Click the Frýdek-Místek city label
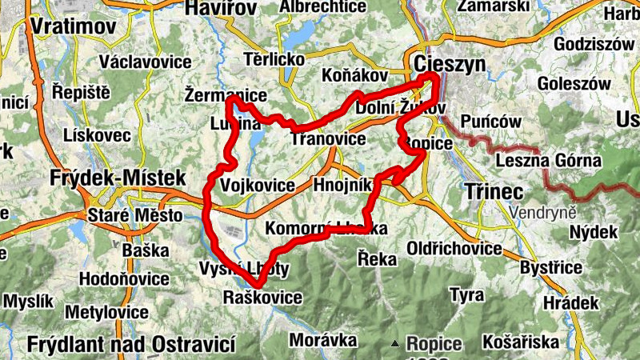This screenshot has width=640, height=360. (118, 177)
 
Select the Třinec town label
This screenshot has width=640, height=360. (494, 192)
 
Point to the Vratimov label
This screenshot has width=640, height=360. (74, 26)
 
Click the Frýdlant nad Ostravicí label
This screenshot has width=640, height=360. (130, 345)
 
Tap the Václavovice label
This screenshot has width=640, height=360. (146, 62)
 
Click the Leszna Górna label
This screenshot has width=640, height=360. (548, 161)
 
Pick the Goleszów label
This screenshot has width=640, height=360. (574, 83)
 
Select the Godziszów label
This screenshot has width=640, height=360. (593, 44)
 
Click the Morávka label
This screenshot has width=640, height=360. (322, 340)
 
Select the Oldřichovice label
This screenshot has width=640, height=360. (454, 249)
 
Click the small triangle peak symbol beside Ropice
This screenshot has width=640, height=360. (395, 344)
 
